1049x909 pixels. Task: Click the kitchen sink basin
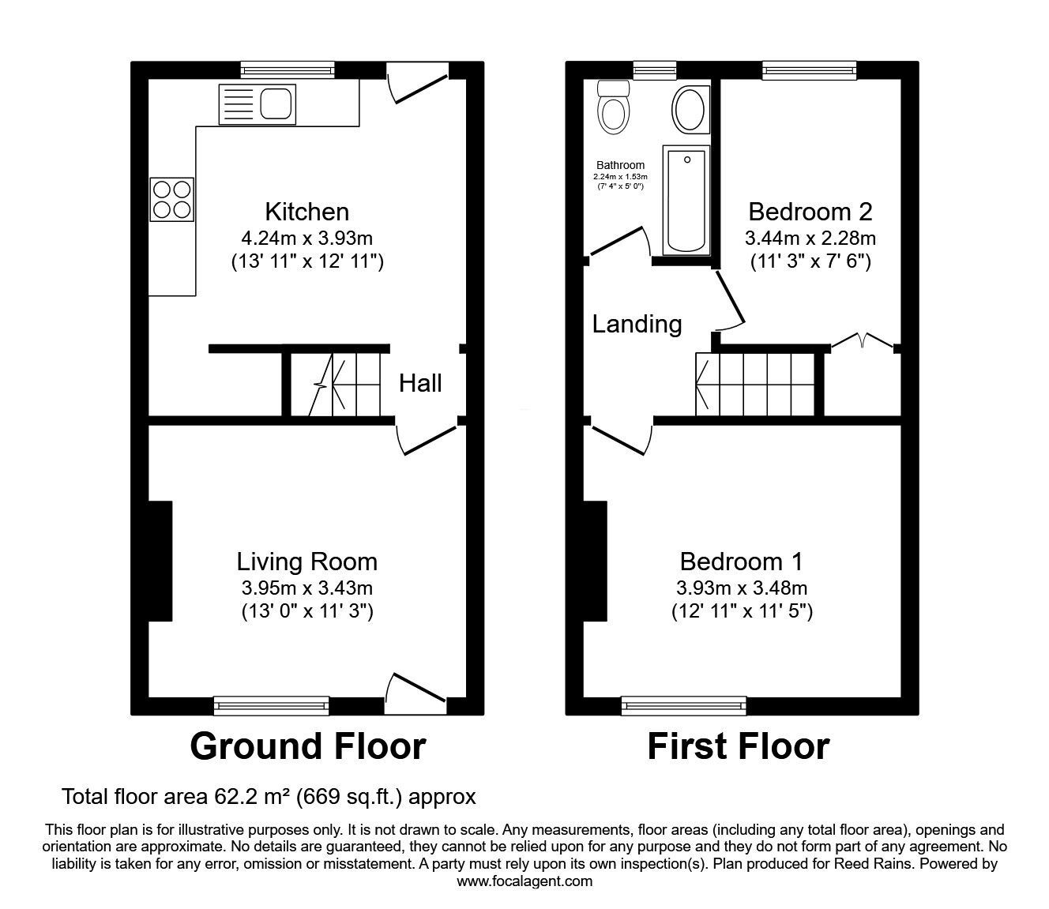pyautogui.click(x=276, y=104)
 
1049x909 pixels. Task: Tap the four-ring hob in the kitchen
pyautogui.click(x=171, y=200)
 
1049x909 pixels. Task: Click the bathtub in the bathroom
pyautogui.click(x=686, y=201)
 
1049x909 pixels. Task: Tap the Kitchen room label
pyautogui.click(x=307, y=212)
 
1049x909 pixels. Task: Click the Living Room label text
pyautogui.click(x=307, y=562)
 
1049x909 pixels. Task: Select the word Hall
pyautogui.click(x=420, y=383)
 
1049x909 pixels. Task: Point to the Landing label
pyautogui.click(x=637, y=325)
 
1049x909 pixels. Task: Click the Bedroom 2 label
pyautogui.click(x=810, y=212)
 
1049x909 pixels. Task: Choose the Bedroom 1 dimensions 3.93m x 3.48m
pyautogui.click(x=742, y=588)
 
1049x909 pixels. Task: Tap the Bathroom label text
pyautogui.click(x=620, y=165)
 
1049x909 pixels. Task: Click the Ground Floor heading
pyautogui.click(x=308, y=746)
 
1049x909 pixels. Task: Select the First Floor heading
pyautogui.click(x=739, y=746)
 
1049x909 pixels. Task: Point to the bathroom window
pyautogui.click(x=655, y=70)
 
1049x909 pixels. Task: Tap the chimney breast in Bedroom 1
pyautogui.click(x=596, y=561)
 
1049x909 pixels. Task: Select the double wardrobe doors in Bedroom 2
pyautogui.click(x=863, y=340)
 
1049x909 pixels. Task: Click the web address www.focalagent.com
pyautogui.click(x=524, y=881)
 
